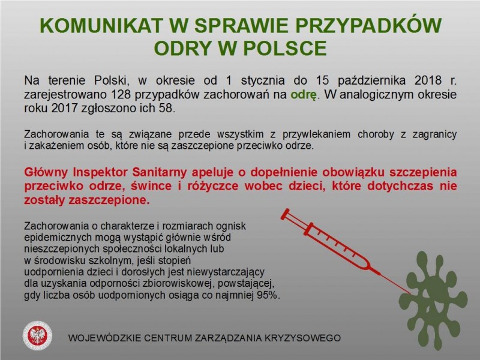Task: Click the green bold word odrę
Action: (x=304, y=95)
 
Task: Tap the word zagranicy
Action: (x=434, y=134)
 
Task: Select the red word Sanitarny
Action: (x=159, y=172)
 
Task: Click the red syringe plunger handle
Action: (x=286, y=214)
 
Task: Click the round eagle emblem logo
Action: (x=37, y=335)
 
